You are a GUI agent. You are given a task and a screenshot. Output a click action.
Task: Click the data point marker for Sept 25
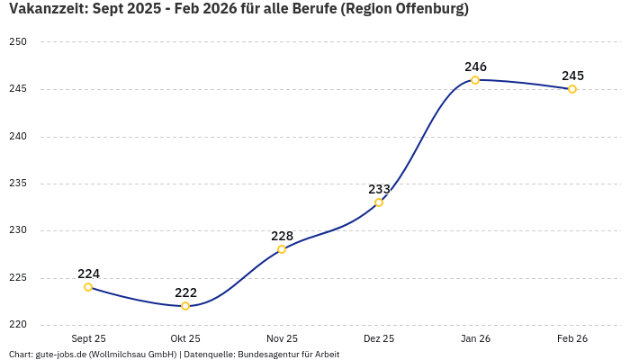tap(88, 287)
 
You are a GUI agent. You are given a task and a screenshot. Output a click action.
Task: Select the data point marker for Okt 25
tap(185, 306)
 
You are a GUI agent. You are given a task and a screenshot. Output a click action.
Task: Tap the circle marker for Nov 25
tap(282, 249)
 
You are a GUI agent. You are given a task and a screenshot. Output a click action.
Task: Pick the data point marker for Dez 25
tap(379, 202)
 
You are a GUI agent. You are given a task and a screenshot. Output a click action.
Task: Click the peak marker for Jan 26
tap(475, 80)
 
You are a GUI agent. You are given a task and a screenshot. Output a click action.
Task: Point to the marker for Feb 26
tap(572, 89)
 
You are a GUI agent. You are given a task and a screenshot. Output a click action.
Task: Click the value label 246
tap(475, 67)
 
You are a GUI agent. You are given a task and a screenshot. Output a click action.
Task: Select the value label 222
tap(185, 292)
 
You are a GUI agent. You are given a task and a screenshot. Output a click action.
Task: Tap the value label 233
tap(379, 189)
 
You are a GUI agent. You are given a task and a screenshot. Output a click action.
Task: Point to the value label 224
tap(88, 274)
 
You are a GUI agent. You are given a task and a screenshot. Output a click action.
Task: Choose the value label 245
tap(572, 76)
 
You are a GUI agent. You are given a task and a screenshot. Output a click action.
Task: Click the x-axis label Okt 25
tap(185, 339)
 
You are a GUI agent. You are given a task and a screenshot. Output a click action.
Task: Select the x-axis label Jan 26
tap(475, 339)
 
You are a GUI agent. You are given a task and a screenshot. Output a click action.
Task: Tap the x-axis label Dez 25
tap(379, 339)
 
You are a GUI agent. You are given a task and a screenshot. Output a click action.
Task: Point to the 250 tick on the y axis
tap(18, 42)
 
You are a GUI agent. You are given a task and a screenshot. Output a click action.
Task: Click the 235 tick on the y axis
tap(18, 184)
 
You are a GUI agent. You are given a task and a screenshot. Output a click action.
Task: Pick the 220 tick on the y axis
tap(18, 325)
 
